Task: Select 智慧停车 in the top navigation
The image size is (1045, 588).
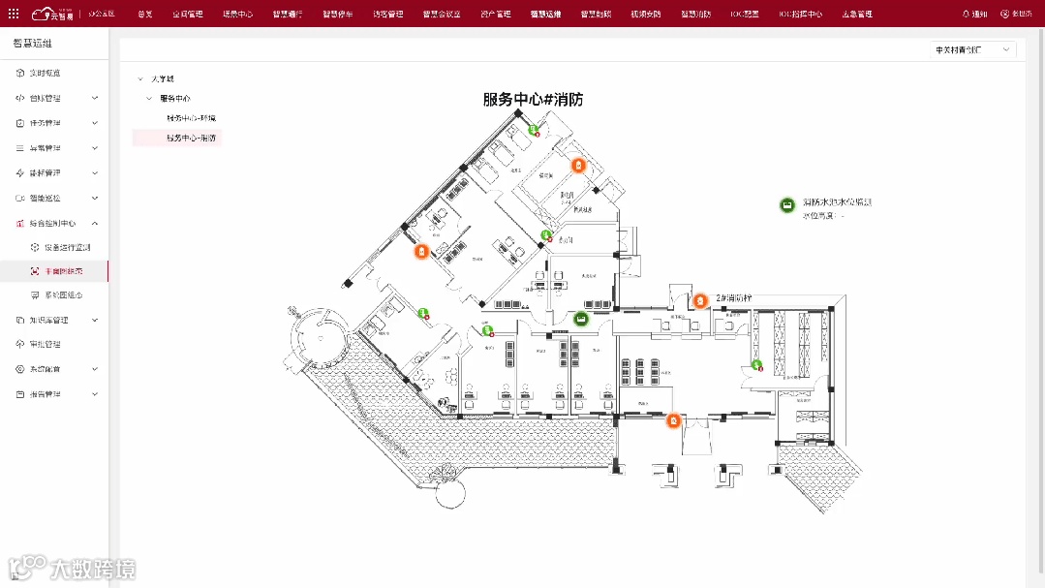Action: (338, 15)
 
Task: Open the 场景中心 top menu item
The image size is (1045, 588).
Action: (237, 15)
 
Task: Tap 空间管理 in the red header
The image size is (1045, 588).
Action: (188, 15)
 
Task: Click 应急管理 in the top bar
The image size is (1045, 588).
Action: (856, 15)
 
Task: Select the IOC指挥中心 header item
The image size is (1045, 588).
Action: (800, 15)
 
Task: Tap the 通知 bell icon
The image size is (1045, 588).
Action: (967, 15)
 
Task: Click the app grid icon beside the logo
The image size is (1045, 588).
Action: (14, 15)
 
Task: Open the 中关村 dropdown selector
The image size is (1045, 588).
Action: (972, 49)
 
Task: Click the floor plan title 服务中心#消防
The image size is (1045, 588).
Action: (533, 99)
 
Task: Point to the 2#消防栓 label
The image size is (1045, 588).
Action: (734, 298)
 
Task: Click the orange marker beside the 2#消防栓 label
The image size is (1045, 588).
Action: (700, 300)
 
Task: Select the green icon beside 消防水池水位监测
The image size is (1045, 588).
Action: (788, 205)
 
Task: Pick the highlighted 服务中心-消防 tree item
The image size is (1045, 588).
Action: (191, 139)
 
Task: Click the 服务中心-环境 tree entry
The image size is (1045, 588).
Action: (191, 118)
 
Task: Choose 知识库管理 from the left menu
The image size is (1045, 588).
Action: (48, 320)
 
